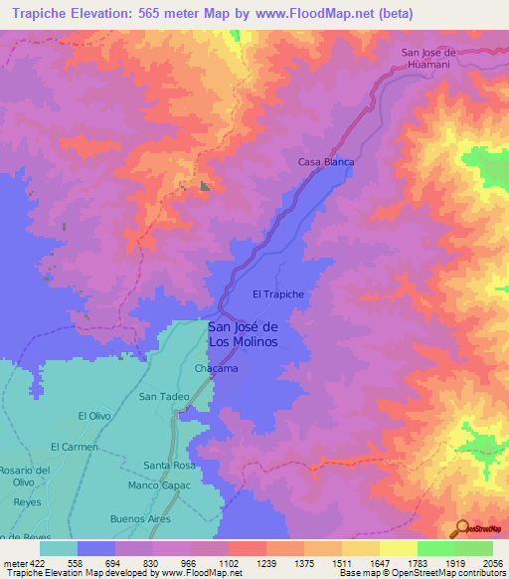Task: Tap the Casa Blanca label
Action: [326, 161]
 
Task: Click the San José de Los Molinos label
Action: [243, 334]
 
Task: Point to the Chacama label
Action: [215, 369]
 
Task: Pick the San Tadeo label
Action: [163, 396]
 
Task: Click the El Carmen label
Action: [75, 447]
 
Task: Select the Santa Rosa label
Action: [168, 466]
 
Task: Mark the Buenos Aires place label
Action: [141, 519]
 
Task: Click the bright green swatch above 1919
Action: [435, 548]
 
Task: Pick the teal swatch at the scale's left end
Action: [58, 548]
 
